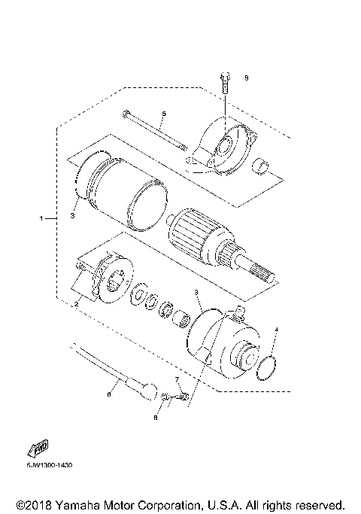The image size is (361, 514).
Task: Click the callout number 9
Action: coord(245,78)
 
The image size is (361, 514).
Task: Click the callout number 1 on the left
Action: coord(42,218)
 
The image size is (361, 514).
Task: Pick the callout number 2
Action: coord(75,303)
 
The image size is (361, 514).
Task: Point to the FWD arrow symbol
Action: coord(38,449)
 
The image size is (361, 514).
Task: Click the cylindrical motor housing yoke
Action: coord(120,193)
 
